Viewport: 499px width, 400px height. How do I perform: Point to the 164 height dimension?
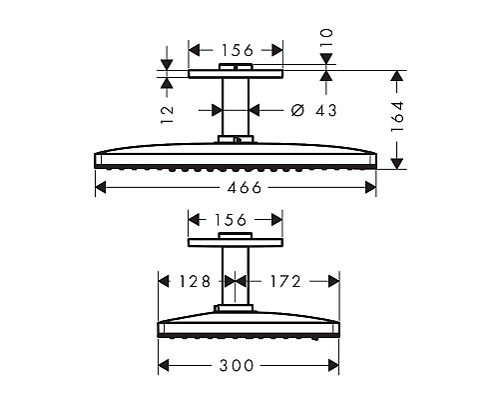(397, 118)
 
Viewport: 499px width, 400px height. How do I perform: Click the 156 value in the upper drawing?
(236, 48)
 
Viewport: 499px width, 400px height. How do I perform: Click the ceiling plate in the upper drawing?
(236, 74)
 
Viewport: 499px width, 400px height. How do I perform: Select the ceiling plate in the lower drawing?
(236, 241)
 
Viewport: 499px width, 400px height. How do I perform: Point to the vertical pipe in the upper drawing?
(236, 107)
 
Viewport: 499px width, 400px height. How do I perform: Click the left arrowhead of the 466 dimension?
(100, 188)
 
